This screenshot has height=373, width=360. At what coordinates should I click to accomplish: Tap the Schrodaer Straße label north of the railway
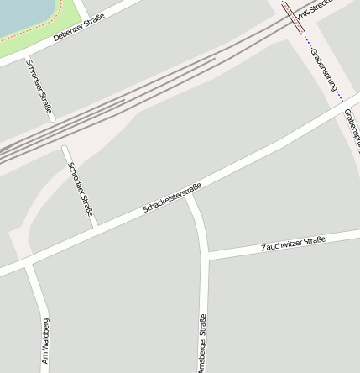[39, 88]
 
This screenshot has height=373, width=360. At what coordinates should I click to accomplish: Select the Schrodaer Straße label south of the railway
[81, 190]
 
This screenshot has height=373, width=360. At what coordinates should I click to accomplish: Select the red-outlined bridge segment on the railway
[294, 16]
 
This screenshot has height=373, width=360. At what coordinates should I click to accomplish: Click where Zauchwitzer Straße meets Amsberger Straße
[206, 255]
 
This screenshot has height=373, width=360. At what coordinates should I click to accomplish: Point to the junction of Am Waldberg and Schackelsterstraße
[28, 264]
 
